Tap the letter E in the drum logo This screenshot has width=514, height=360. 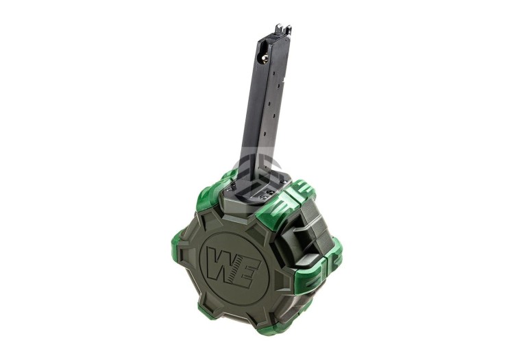[x=244, y=262]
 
